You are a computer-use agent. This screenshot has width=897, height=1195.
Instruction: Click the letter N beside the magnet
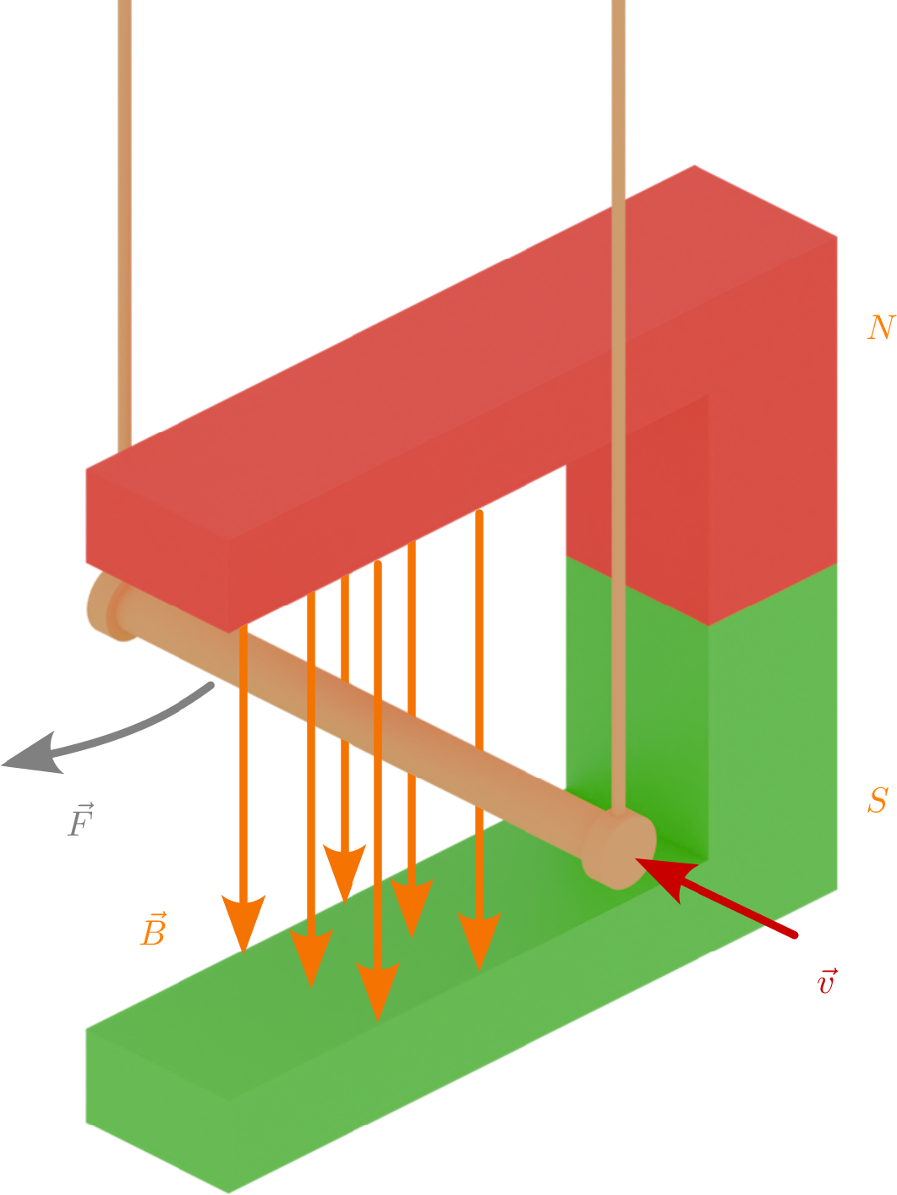tap(880, 327)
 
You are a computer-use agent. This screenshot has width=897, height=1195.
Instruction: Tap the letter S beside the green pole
tap(878, 799)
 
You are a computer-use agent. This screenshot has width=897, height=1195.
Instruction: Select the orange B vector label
tap(153, 929)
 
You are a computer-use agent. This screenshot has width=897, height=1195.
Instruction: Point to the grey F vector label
tap(80, 820)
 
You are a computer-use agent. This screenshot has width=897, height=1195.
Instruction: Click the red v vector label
tap(827, 981)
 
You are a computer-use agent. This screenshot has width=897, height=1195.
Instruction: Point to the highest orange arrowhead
tap(345, 871)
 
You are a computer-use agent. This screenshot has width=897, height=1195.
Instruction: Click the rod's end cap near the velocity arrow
tap(621, 850)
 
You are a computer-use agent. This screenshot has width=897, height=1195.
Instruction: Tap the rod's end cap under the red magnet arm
tap(106, 606)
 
